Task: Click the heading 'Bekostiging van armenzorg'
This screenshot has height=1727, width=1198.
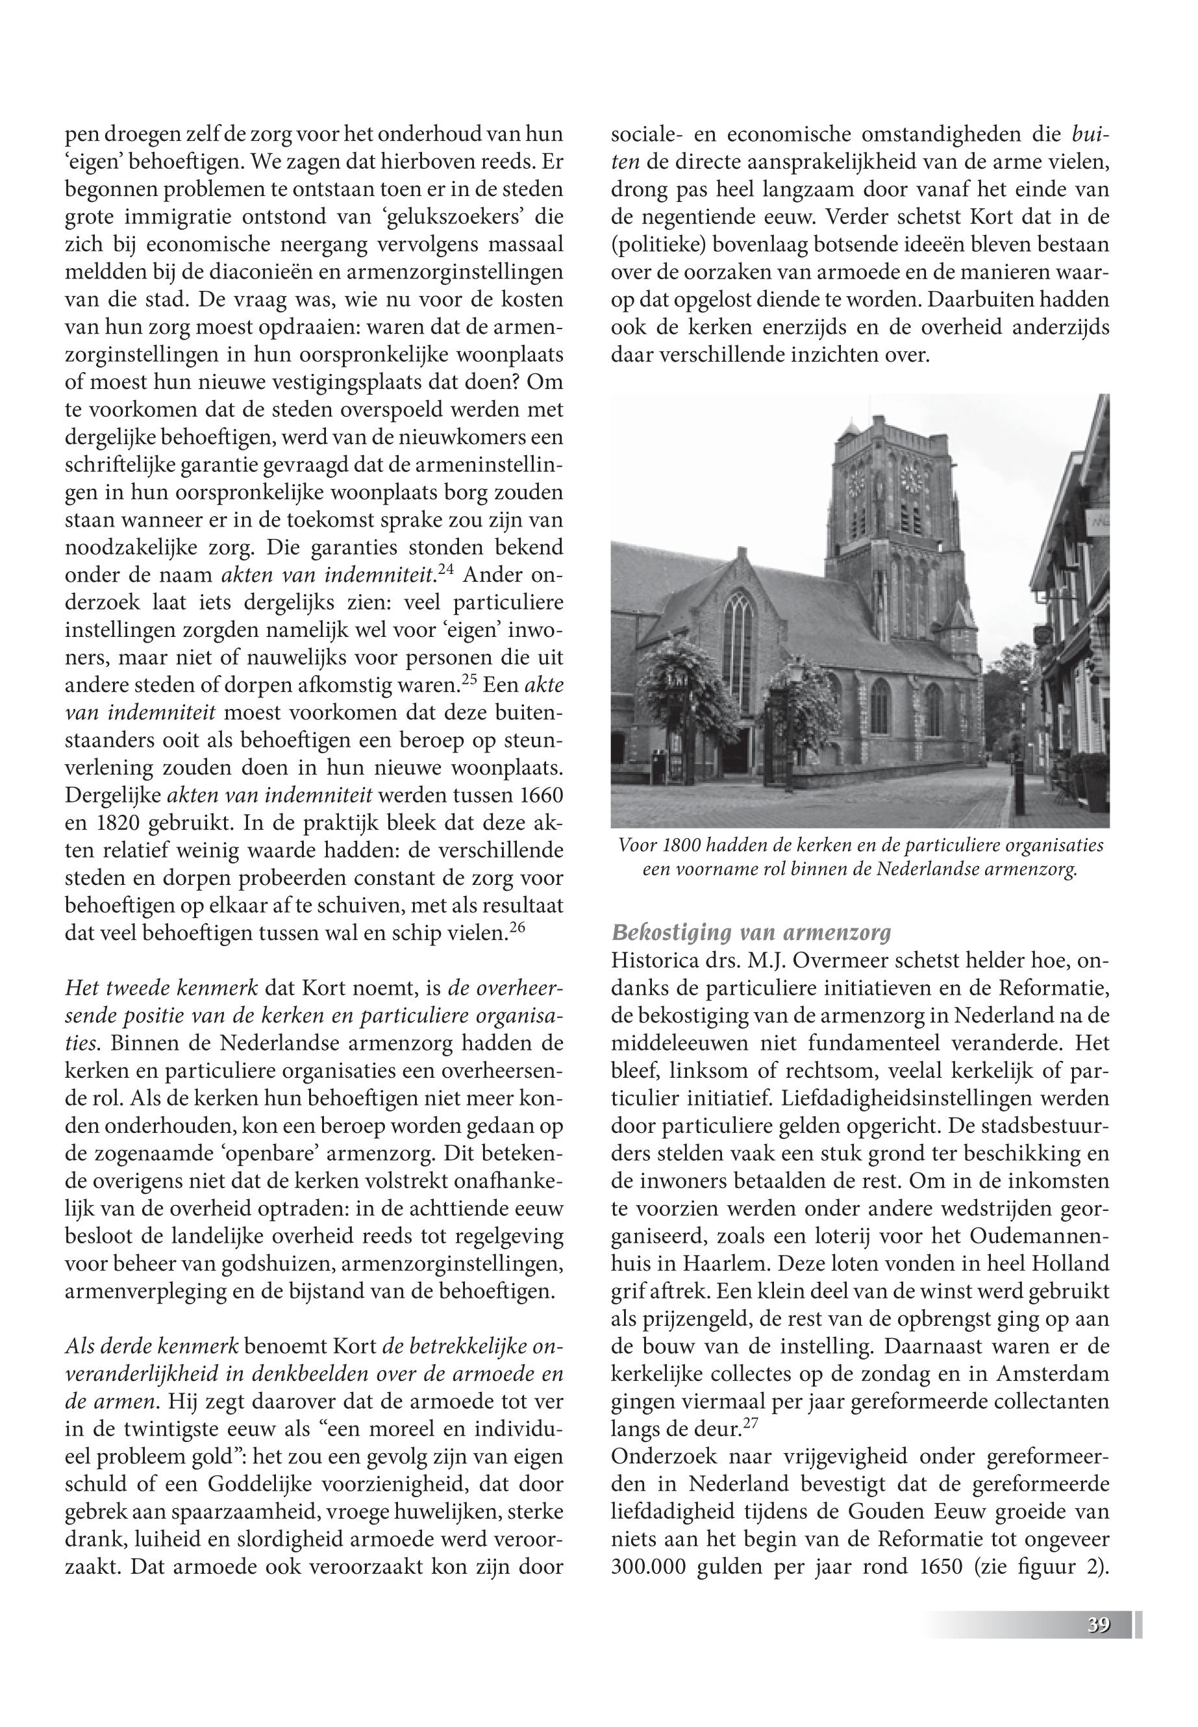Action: [751, 933]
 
